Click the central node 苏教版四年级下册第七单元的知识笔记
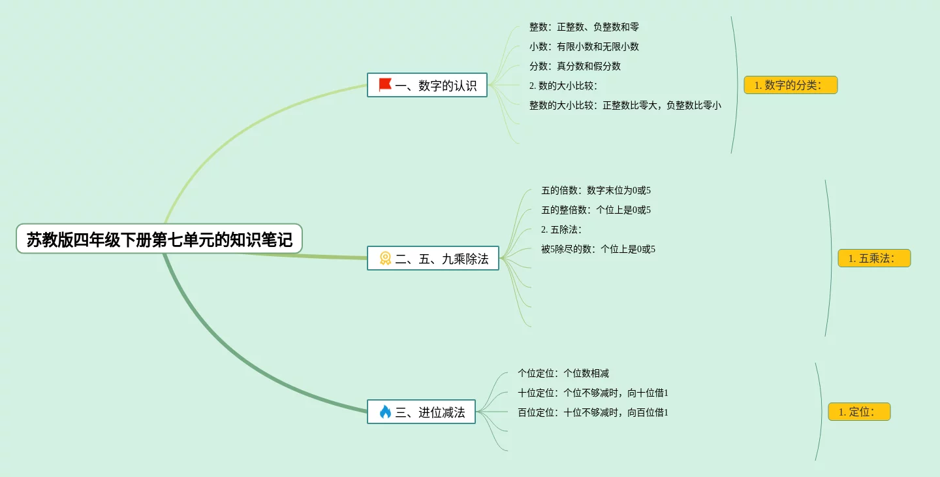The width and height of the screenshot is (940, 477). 159,239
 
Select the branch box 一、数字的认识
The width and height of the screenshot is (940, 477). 428,85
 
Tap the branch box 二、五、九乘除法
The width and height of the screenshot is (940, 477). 433,258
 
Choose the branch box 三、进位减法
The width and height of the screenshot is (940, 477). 421,412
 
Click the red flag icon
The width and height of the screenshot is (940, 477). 385,85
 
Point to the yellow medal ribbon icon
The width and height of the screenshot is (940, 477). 385,258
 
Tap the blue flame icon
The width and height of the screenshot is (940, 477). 385,412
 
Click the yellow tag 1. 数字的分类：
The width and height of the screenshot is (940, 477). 791,85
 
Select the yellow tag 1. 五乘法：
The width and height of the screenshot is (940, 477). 874,258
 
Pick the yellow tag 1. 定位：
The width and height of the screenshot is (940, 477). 859,412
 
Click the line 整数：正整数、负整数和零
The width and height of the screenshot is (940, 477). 584,27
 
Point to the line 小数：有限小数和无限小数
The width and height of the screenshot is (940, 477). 584,46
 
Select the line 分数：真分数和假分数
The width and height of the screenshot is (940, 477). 575,66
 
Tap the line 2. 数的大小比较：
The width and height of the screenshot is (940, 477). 563,86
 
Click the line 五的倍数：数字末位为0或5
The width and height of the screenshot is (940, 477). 596,190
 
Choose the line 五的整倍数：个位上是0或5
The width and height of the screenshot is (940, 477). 596,210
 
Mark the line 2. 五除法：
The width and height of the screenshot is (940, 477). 561,229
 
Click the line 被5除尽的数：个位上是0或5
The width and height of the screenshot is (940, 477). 598,249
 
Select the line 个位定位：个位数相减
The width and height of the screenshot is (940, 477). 563,373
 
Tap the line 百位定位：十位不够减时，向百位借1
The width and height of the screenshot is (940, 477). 593,412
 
